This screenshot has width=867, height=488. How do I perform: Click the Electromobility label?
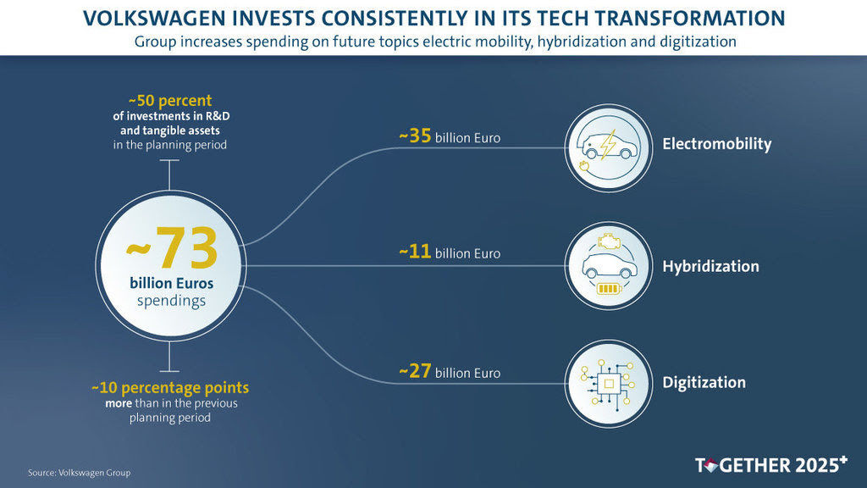[x=716, y=144]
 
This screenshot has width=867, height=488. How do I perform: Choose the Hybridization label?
[x=710, y=267]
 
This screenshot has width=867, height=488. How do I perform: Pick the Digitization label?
[x=704, y=383]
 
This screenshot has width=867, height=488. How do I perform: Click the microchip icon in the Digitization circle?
[x=609, y=384]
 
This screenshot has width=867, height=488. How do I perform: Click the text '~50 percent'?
[x=170, y=100]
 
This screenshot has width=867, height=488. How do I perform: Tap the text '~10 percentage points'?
[x=170, y=388]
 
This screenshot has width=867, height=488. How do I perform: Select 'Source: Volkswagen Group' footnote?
[x=80, y=472]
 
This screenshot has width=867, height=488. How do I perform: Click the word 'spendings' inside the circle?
[x=171, y=300]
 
